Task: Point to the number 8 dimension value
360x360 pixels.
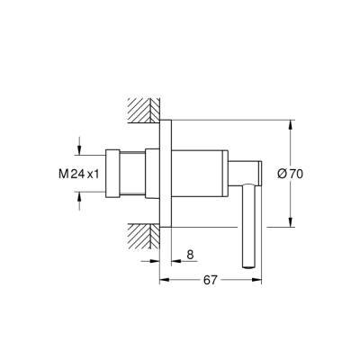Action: coord(191,255)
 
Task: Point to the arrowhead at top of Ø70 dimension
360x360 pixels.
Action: coord(291,123)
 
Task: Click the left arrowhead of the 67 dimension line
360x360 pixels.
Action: coord(165,281)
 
